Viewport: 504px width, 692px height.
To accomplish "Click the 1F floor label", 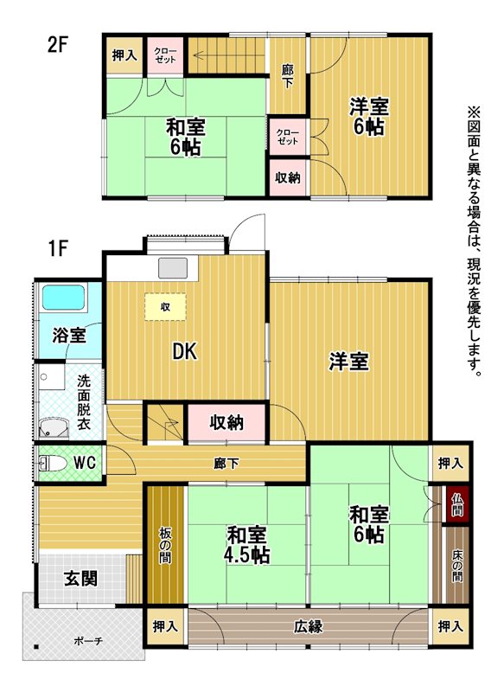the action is [x=57, y=248].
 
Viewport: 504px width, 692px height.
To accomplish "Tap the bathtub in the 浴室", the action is [x=63, y=297].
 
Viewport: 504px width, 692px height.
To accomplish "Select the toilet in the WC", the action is [x=53, y=463].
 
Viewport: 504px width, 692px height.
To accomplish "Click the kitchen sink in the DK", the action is [x=173, y=268].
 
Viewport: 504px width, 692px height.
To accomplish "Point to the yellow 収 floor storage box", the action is [x=165, y=307].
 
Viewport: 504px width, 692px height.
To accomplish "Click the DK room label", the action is [x=185, y=352].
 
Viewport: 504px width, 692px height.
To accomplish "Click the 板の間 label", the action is [x=165, y=546].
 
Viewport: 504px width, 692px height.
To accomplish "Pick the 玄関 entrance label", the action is [x=80, y=578].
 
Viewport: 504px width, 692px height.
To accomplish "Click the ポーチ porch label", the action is [x=88, y=641].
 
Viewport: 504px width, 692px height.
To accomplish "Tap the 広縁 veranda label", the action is [x=309, y=626].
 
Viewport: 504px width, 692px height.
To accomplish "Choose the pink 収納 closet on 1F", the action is [x=226, y=422].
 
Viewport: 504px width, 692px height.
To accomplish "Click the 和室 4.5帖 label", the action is [x=247, y=546].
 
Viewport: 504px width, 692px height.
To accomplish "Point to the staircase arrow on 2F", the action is [x=229, y=56].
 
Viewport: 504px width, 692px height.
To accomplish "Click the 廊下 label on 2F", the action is [x=288, y=76].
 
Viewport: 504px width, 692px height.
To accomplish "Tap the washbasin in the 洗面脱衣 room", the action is [x=54, y=428].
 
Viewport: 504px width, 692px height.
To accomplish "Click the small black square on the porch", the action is [x=36, y=647].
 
